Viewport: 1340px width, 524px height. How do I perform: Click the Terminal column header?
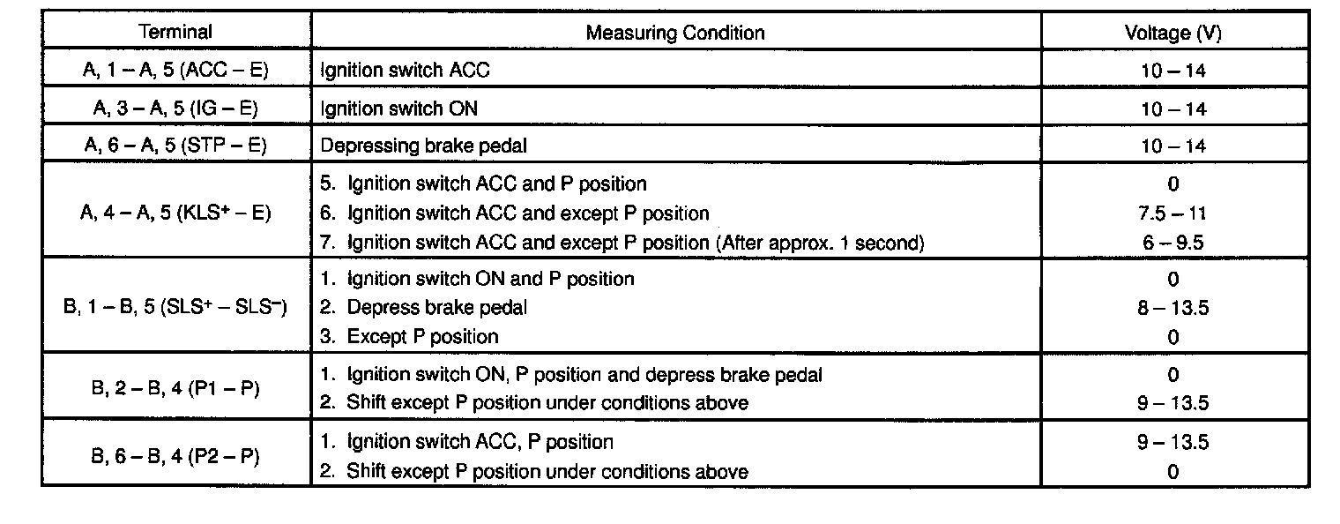[175, 33]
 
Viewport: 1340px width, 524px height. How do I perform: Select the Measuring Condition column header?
[675, 33]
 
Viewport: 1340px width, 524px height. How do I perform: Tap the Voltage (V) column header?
[1172, 33]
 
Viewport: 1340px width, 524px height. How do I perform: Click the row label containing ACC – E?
[175, 71]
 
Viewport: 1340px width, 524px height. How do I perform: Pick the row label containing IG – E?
[175, 109]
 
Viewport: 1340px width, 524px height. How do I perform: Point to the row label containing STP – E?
[175, 146]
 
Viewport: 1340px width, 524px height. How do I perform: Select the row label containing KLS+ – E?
[175, 213]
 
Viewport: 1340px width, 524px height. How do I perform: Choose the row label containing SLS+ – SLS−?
[175, 308]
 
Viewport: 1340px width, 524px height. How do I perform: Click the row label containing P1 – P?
[175, 388]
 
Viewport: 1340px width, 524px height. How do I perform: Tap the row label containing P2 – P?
[175, 456]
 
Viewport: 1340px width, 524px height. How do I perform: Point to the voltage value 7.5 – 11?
[1172, 213]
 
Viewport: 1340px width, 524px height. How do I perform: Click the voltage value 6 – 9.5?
[1172, 243]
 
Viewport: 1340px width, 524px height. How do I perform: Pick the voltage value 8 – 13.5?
[1172, 308]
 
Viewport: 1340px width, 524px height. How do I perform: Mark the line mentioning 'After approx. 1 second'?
[622, 243]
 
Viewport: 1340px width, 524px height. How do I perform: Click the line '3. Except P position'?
[409, 337]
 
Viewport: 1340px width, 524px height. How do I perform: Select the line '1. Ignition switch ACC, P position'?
[466, 441]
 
